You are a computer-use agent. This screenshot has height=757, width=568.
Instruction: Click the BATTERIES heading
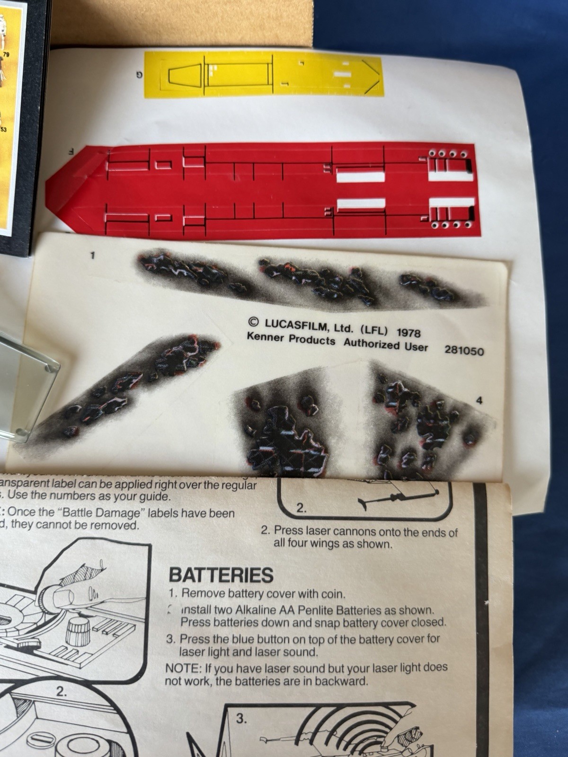pyautogui.click(x=221, y=575)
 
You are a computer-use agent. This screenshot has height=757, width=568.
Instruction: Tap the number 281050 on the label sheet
pyautogui.click(x=464, y=351)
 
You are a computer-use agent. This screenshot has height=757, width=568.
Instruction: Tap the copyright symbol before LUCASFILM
pyautogui.click(x=253, y=322)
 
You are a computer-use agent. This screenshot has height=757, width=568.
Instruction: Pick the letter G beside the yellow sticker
pyautogui.click(x=139, y=73)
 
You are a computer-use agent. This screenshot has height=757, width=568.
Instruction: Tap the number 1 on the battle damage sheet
pyautogui.click(x=93, y=255)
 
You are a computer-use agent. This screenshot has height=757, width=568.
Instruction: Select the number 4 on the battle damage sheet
pyautogui.click(x=479, y=401)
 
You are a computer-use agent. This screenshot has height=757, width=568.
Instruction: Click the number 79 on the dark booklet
pyautogui.click(x=6, y=55)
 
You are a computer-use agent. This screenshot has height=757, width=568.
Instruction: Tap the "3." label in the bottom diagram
pyautogui.click(x=241, y=719)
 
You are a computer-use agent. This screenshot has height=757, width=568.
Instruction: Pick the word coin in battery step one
pyautogui.click(x=334, y=593)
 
